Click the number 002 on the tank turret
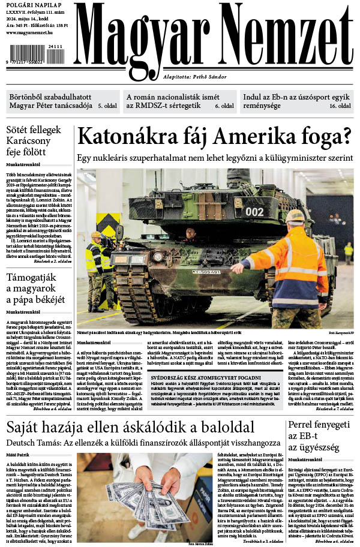254,212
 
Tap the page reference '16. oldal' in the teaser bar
341,105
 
